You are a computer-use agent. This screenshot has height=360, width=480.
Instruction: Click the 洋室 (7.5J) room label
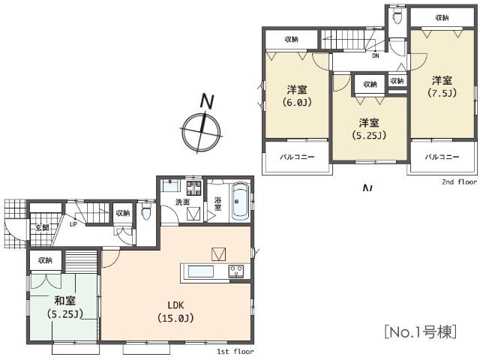click(x=442, y=86)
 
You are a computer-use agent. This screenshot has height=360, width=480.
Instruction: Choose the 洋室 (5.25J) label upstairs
click(x=369, y=129)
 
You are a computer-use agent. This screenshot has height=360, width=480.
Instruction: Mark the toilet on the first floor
click(x=145, y=214)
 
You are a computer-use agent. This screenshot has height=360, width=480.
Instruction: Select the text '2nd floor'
click(x=458, y=181)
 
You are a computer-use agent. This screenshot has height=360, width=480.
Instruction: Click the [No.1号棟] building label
click(x=420, y=331)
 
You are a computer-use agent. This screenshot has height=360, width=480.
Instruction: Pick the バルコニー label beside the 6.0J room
click(x=297, y=157)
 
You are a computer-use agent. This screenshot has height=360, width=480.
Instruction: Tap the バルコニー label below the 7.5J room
click(x=442, y=157)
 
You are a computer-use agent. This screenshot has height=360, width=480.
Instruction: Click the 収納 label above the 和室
click(x=45, y=260)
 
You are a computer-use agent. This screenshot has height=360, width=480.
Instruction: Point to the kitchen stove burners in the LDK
click(x=236, y=270)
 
